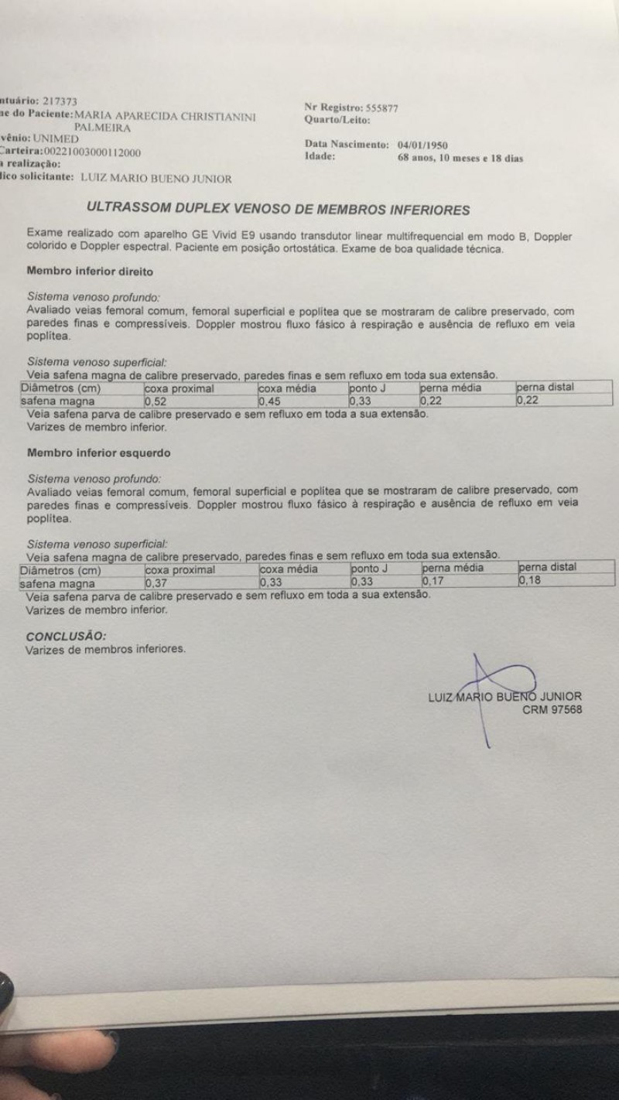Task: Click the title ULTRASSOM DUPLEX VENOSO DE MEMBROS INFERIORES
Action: pyautogui.click(x=279, y=209)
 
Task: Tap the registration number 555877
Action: pyautogui.click(x=381, y=108)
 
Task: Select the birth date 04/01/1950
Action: pyautogui.click(x=422, y=145)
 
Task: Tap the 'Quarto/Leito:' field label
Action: pyautogui.click(x=338, y=120)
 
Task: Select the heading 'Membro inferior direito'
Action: pyautogui.click(x=90, y=272)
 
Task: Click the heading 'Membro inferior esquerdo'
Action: pyautogui.click(x=98, y=452)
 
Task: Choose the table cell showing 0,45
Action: pyautogui.click(x=270, y=401)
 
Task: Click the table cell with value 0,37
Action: pyautogui.click(x=157, y=582)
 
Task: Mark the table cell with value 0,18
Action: pyautogui.click(x=529, y=579)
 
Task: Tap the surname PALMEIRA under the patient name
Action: pyautogui.click(x=102, y=128)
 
